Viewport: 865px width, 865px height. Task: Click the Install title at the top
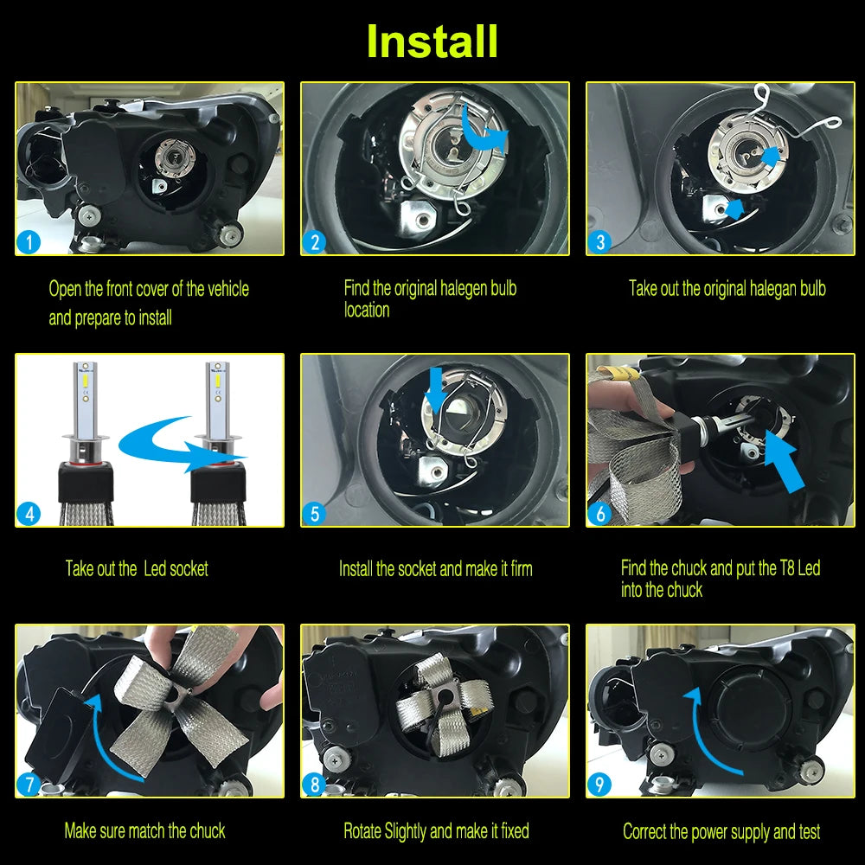tap(432, 41)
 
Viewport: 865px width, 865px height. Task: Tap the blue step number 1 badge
tap(29, 242)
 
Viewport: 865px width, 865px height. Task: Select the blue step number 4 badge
tap(29, 514)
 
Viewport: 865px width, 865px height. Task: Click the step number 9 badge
tap(600, 785)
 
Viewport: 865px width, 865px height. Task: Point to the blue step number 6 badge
tap(600, 514)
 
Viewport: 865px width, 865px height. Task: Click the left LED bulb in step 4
tap(86, 441)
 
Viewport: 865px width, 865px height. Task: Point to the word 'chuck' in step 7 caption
tap(208, 830)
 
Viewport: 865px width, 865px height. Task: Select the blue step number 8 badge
tap(315, 785)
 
